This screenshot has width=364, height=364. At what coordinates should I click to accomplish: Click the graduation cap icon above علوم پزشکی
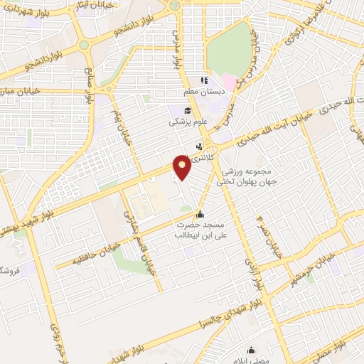(188, 110)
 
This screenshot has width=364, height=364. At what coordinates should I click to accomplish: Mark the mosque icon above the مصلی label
(250, 350)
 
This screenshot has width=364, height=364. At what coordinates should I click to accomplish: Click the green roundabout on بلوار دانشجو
(84, 45)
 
